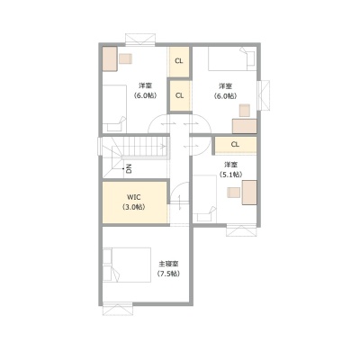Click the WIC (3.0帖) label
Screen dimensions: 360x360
click(x=133, y=202)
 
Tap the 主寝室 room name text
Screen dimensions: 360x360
click(x=168, y=264)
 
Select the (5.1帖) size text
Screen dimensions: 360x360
click(x=230, y=175)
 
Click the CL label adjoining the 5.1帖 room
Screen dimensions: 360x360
click(x=236, y=144)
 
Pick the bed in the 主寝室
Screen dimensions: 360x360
click(x=127, y=265)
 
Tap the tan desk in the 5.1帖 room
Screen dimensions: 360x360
click(x=249, y=193)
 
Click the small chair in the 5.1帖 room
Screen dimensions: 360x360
click(x=234, y=193)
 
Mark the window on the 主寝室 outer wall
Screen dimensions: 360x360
click(x=117, y=309)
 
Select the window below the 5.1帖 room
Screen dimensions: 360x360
click(x=241, y=230)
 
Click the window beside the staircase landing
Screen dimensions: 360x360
click(x=100, y=147)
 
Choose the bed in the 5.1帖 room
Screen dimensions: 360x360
click(x=205, y=199)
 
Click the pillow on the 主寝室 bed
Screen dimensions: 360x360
click(x=107, y=265)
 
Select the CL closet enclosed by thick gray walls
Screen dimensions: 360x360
click(x=179, y=95)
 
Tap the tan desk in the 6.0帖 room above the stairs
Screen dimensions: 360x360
click(x=109, y=58)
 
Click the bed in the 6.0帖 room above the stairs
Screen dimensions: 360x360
click(x=114, y=108)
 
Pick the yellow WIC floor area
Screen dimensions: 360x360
click(x=135, y=202)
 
